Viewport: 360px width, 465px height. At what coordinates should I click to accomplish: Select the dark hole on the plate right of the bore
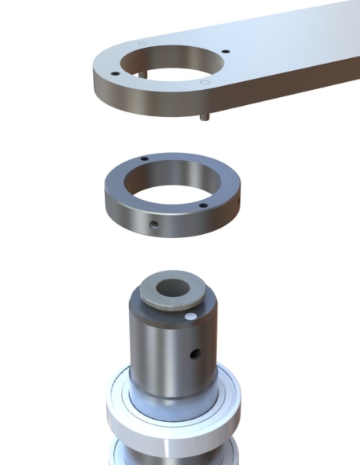tap(226, 53)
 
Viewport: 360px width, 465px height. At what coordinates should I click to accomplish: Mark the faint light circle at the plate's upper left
tap(141, 44)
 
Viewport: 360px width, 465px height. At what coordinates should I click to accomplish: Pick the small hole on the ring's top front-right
tap(203, 206)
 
